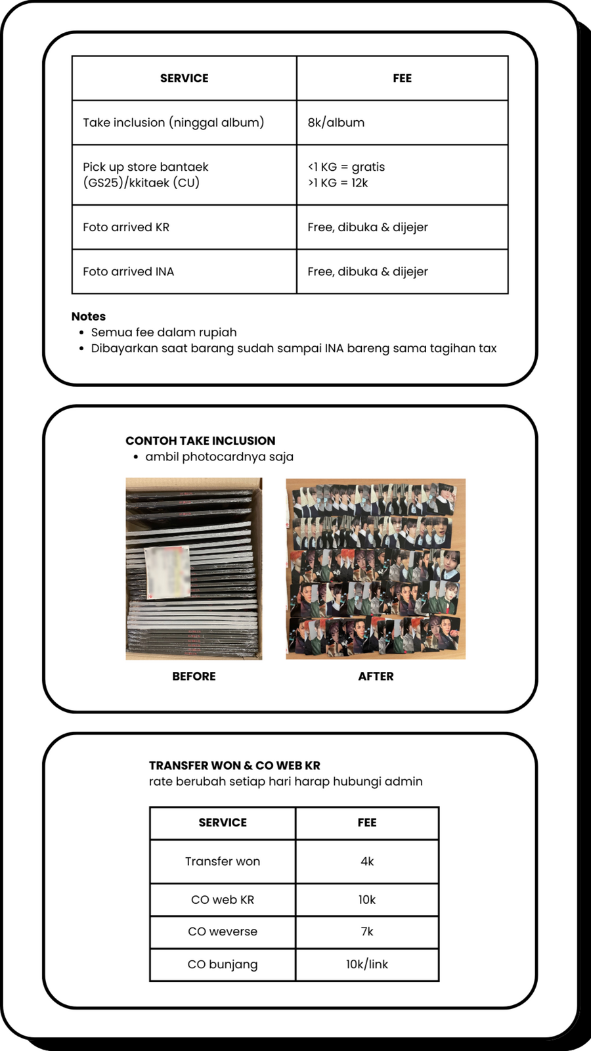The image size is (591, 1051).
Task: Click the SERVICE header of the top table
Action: click(184, 78)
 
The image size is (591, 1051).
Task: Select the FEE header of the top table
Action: click(402, 78)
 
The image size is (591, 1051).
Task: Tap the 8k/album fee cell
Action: click(336, 122)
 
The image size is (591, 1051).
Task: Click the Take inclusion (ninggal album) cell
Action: click(173, 122)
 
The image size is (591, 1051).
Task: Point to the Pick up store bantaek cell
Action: click(146, 175)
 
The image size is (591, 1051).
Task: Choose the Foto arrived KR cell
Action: click(126, 227)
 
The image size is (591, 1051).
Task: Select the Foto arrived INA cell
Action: click(128, 271)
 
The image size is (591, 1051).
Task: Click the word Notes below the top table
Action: click(89, 316)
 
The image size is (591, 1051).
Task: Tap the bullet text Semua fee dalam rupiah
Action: click(164, 332)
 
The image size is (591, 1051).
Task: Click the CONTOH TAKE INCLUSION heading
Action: click(200, 441)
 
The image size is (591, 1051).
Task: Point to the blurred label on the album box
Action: click(167, 572)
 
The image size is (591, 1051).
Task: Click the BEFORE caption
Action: click(194, 676)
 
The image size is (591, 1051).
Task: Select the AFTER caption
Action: click(376, 676)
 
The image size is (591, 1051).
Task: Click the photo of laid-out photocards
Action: click(376, 569)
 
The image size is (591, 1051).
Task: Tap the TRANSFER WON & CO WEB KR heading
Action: click(234, 765)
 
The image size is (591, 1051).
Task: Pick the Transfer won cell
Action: click(223, 861)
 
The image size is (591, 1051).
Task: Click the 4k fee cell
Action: click(367, 861)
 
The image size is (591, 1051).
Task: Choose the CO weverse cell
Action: click(223, 931)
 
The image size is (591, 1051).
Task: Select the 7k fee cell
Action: click(367, 931)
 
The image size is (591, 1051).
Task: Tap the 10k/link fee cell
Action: click(367, 964)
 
